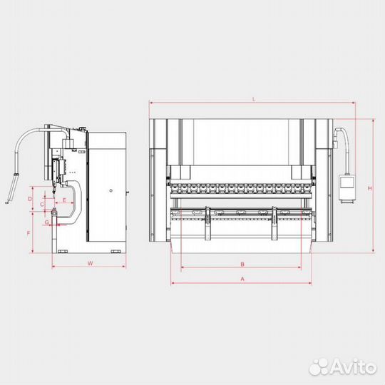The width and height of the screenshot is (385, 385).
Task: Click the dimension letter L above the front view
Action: tap(253, 98)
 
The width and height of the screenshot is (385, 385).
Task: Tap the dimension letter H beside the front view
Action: tap(368, 188)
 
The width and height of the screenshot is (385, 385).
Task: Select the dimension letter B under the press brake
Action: tap(242, 263)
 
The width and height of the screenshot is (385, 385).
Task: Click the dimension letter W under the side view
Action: tap(90, 264)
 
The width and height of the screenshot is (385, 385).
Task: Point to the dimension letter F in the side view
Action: tap(29, 233)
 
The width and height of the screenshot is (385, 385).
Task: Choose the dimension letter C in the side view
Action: tap(43, 205)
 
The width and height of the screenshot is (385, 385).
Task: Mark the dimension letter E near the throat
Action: tap(64, 202)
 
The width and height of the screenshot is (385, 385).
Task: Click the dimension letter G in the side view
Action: tap(46, 222)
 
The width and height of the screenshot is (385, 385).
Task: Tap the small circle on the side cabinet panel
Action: tap(111, 190)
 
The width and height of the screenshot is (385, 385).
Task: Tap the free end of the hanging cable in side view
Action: tap(8, 201)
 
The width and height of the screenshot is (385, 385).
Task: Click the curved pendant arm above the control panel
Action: tap(344, 146)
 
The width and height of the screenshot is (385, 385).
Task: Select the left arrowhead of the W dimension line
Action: tap(53, 268)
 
